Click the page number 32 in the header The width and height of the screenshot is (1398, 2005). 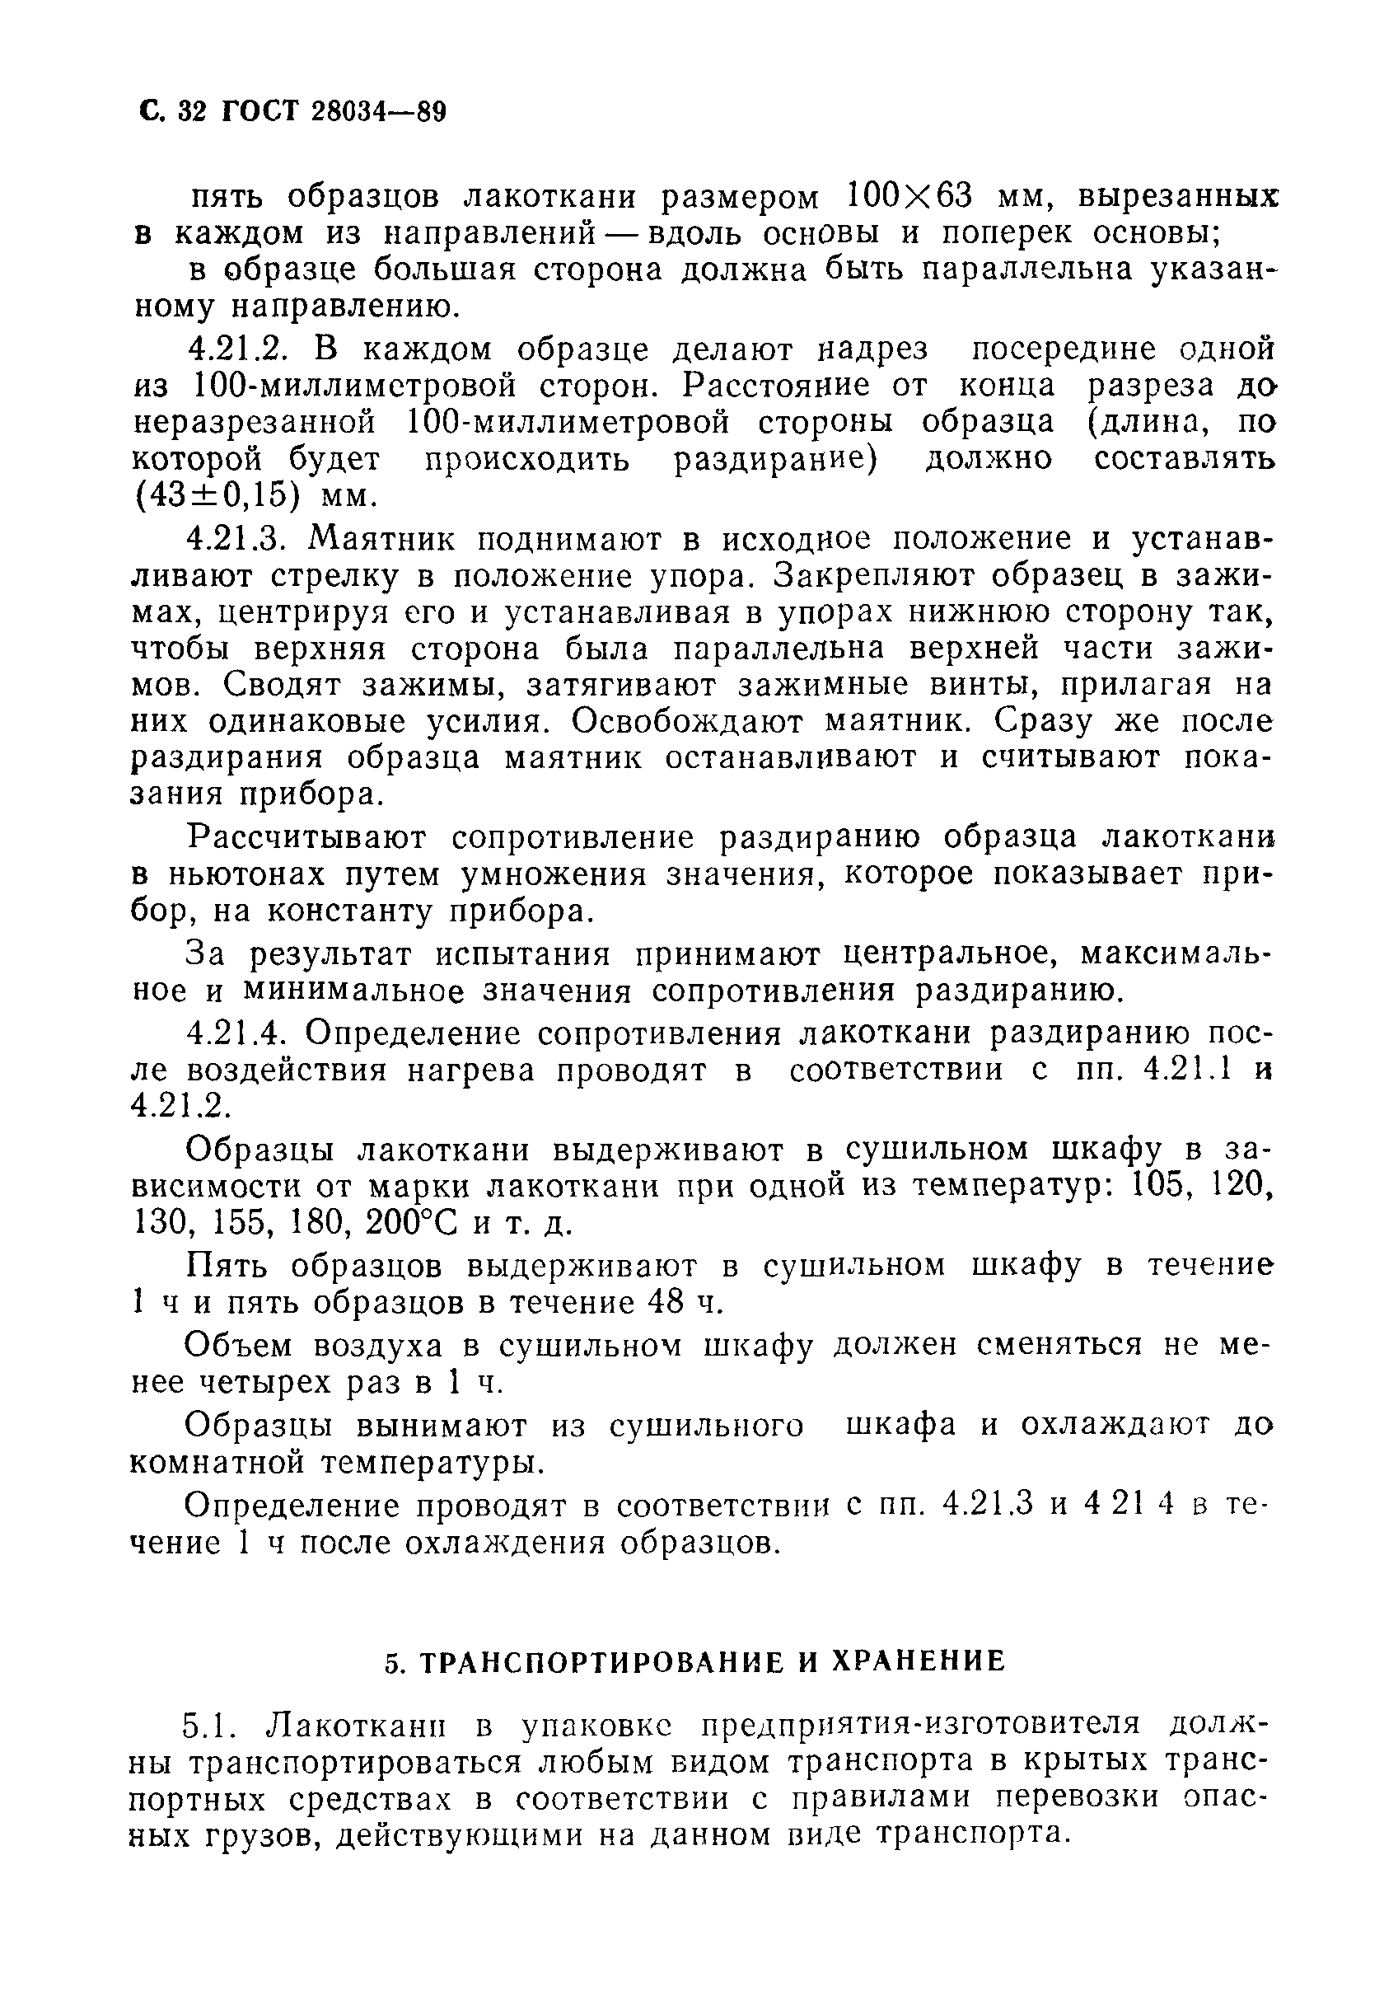click(x=189, y=113)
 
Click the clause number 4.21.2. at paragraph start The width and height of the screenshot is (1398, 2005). click(x=237, y=349)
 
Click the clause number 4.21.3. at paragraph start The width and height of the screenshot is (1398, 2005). click(x=237, y=539)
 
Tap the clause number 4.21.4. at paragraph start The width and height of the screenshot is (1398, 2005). click(x=237, y=1033)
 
